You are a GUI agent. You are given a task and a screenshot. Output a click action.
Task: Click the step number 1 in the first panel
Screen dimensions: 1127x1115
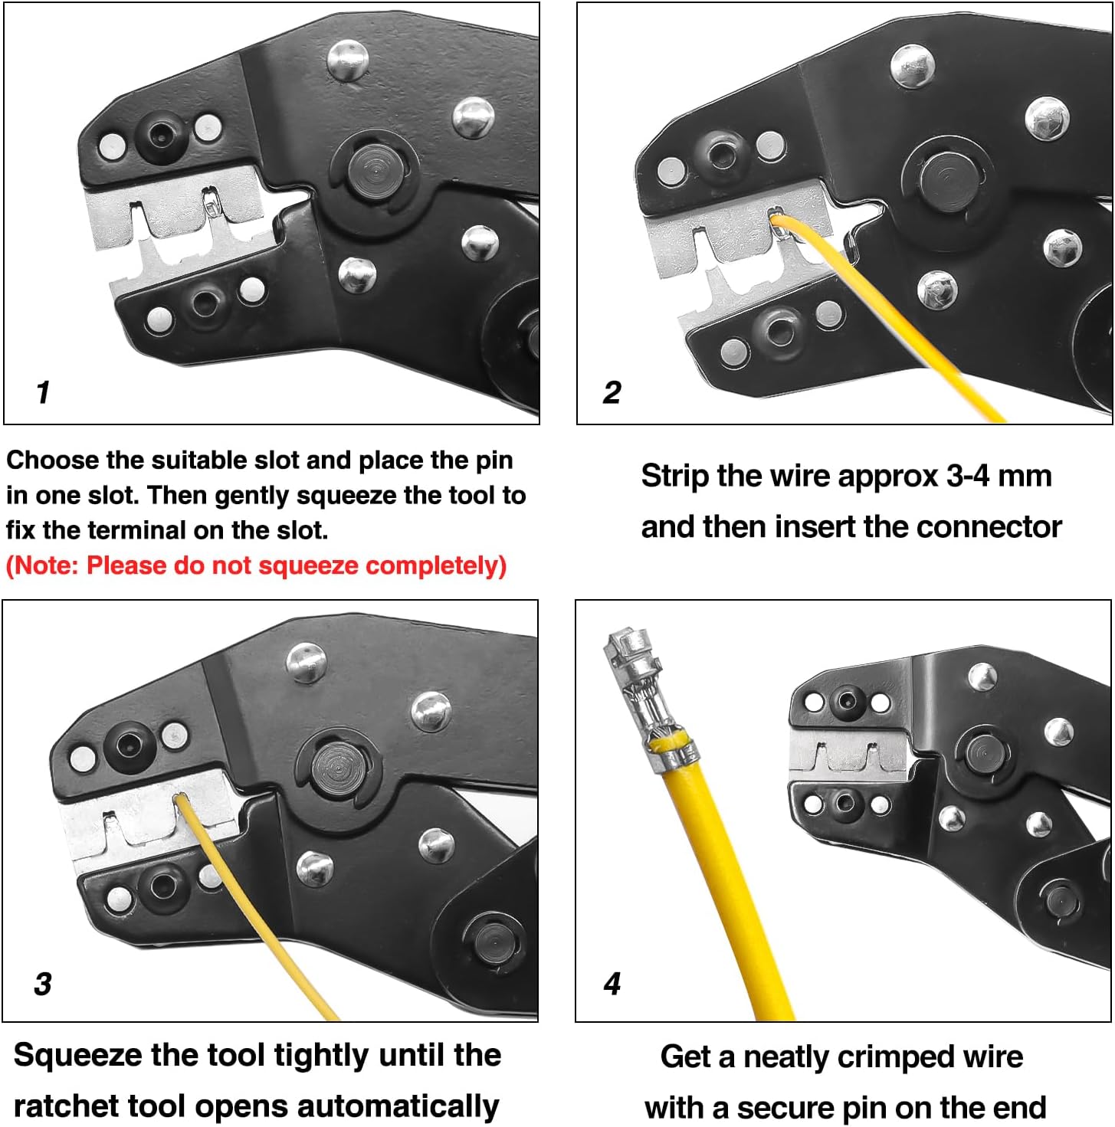pos(43,392)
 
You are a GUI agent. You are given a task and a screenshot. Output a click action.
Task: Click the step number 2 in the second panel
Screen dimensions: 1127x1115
pos(612,392)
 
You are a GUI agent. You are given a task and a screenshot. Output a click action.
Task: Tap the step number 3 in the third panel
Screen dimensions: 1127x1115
pos(43,984)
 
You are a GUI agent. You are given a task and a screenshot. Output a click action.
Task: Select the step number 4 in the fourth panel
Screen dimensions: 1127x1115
pos(612,984)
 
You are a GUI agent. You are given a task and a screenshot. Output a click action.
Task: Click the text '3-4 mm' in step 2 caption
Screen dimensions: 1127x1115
pos(999,477)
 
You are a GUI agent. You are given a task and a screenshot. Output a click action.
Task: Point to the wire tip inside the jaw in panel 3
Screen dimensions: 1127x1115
pos(181,800)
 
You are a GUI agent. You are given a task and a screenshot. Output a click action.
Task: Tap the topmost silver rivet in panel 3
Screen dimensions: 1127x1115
pos(307,661)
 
